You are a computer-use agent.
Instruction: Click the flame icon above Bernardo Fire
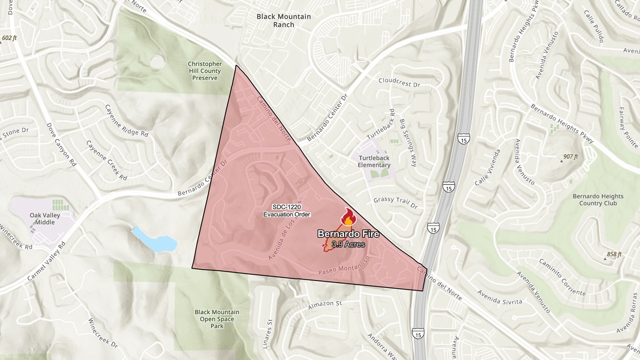[348, 218]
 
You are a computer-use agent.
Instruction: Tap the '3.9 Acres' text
[348, 244]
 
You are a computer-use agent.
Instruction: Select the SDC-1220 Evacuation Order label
[287, 210]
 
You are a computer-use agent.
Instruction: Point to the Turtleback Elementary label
[374, 162]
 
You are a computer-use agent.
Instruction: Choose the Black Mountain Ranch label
[283, 20]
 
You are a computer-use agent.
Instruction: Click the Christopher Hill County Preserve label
[205, 71]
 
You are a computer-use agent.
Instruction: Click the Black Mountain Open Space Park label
[217, 319]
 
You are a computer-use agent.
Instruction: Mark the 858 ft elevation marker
[613, 254]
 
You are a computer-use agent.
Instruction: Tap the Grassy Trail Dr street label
[395, 203]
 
